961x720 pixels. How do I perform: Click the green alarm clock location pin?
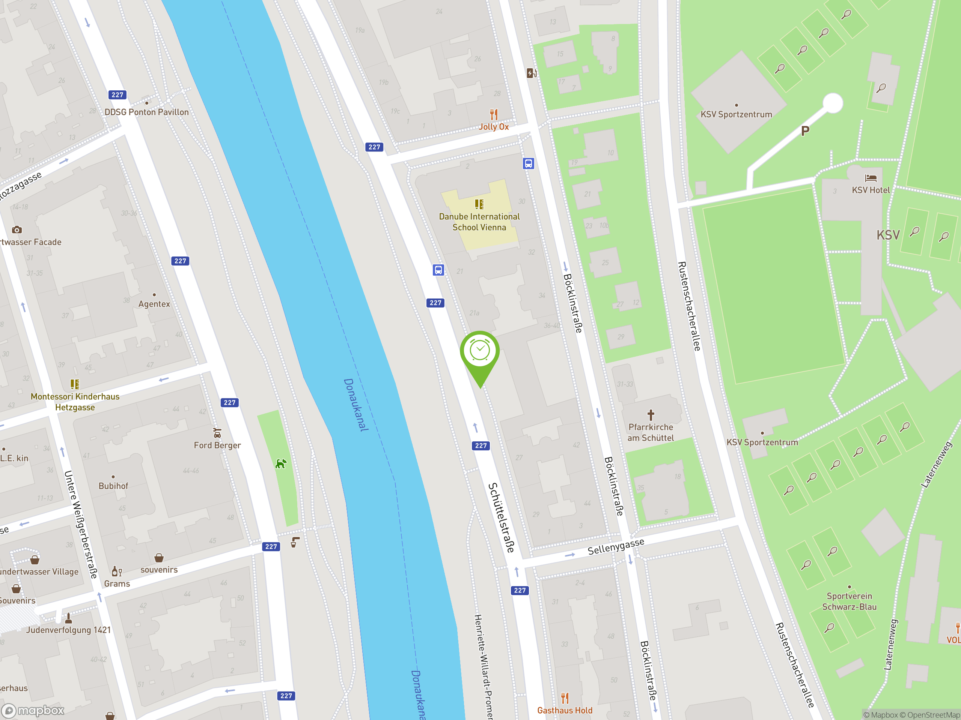click(480, 351)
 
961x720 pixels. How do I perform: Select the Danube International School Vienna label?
click(479, 222)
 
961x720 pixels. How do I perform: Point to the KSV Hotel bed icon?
click(871, 178)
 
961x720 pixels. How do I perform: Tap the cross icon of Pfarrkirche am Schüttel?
click(651, 415)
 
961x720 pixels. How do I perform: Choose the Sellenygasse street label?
click(616, 547)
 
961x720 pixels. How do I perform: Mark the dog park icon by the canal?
click(281, 464)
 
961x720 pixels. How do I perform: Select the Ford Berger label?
click(217, 445)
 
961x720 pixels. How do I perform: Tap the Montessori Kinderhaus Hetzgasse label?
click(75, 402)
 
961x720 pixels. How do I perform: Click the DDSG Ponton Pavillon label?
click(146, 112)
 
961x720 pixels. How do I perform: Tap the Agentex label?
click(154, 304)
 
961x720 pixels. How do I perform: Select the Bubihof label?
click(113, 486)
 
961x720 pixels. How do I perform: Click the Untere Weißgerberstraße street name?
click(80, 524)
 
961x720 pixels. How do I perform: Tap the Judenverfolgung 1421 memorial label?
click(68, 630)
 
